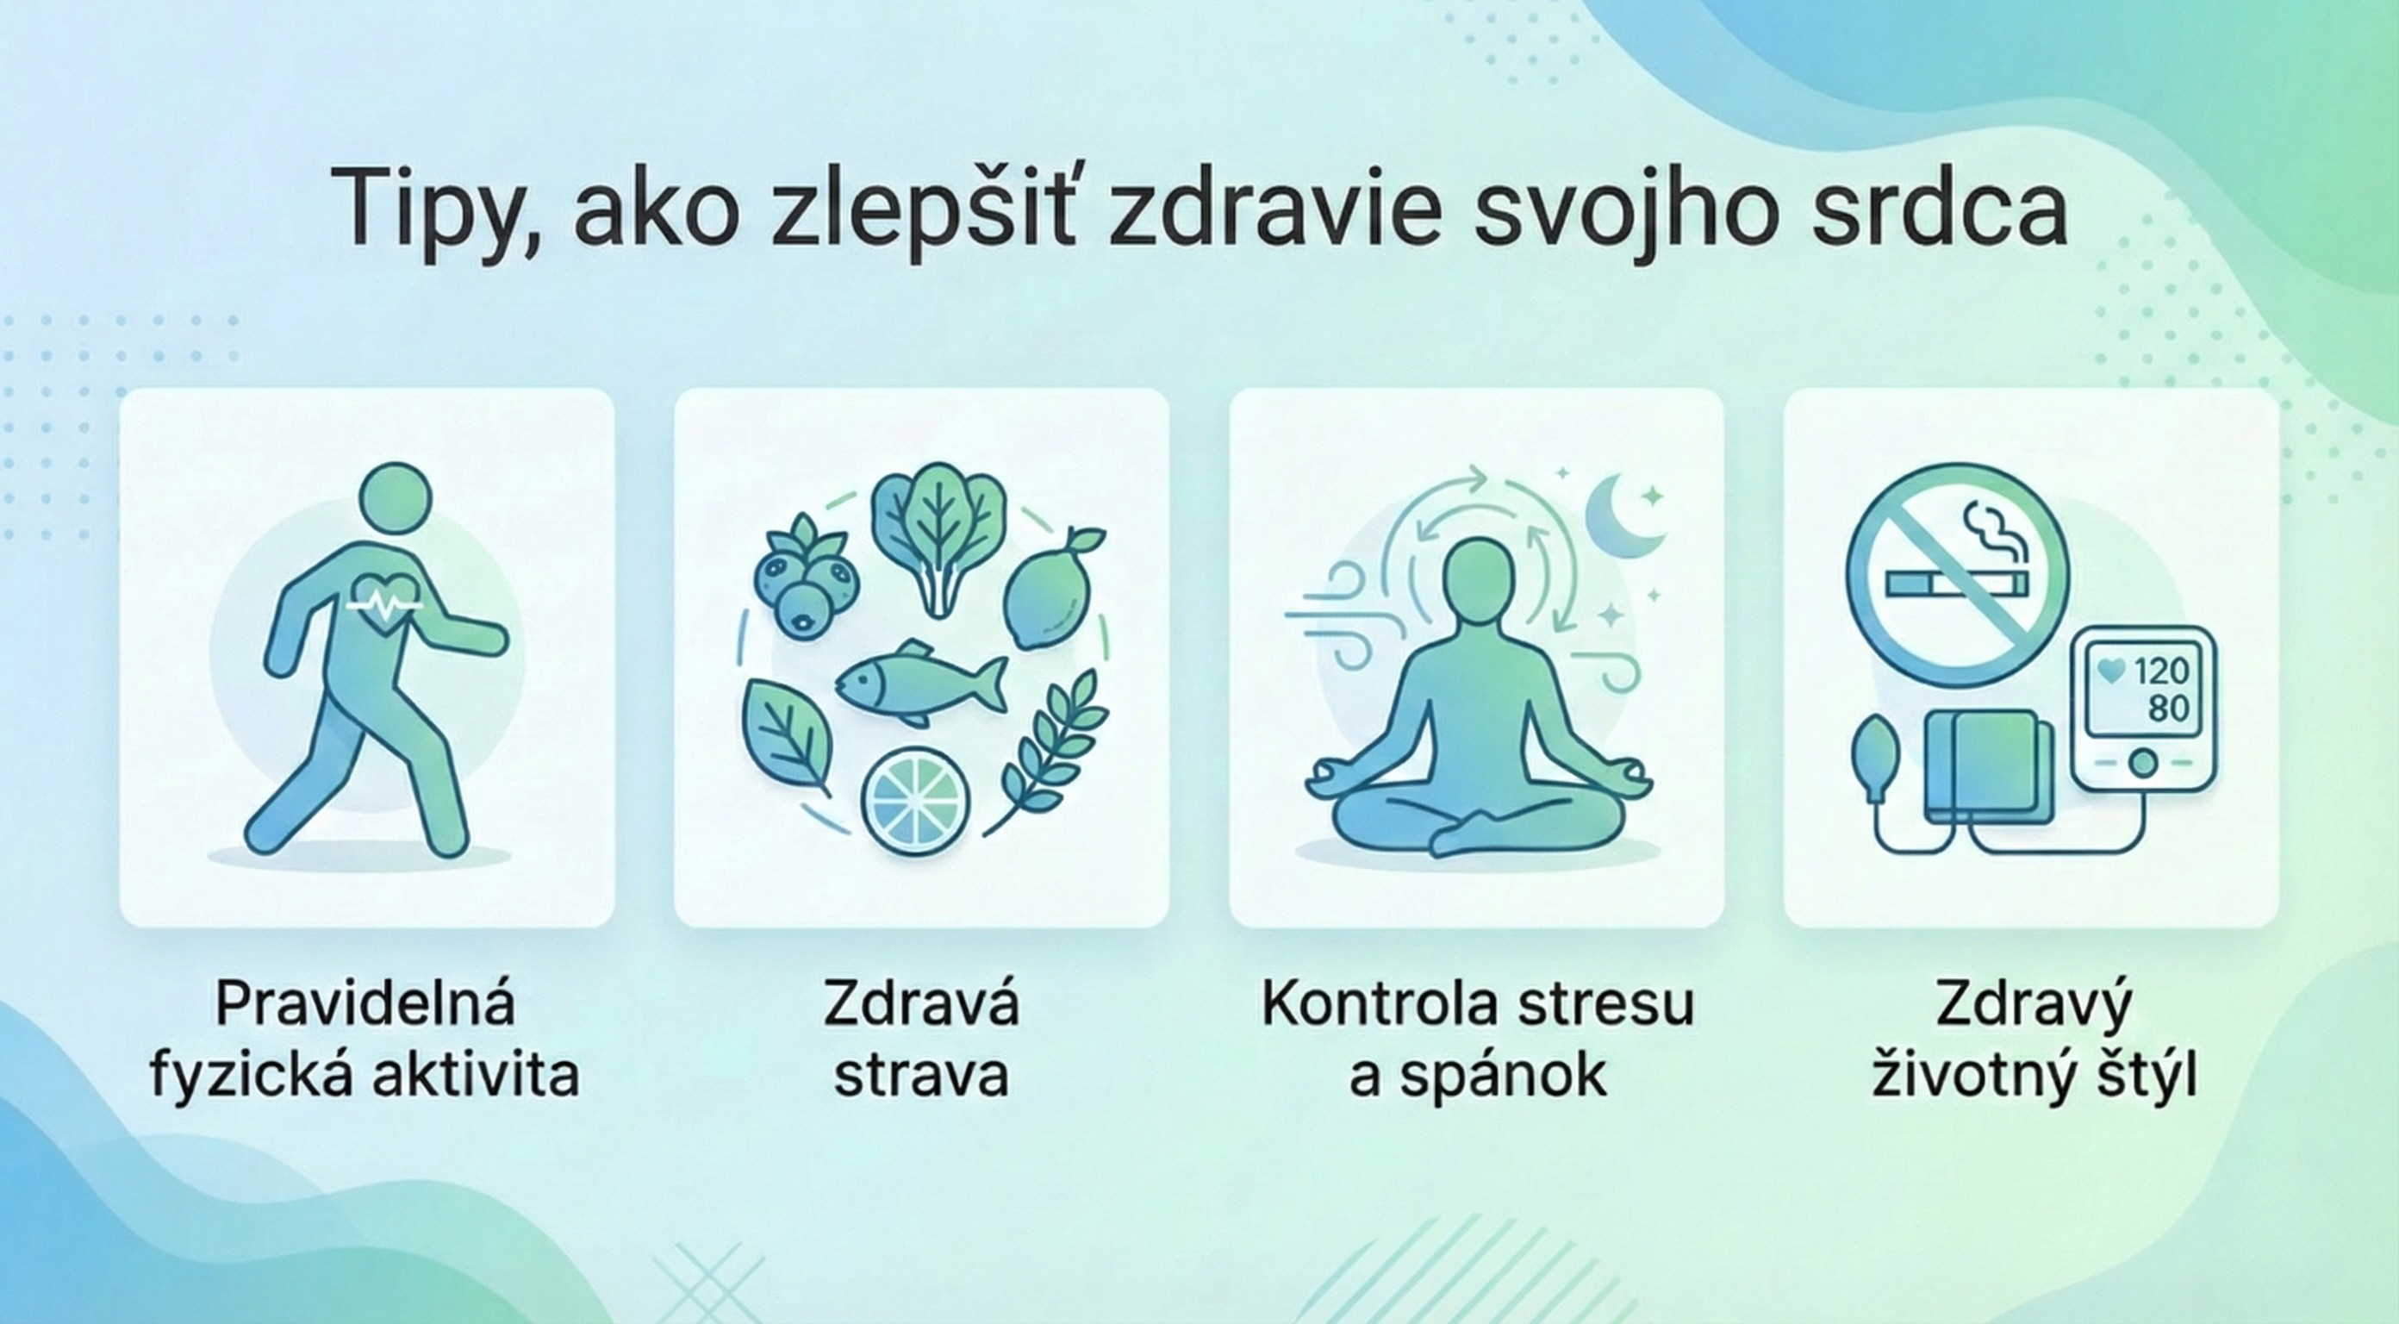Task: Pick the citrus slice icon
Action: (x=916, y=799)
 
